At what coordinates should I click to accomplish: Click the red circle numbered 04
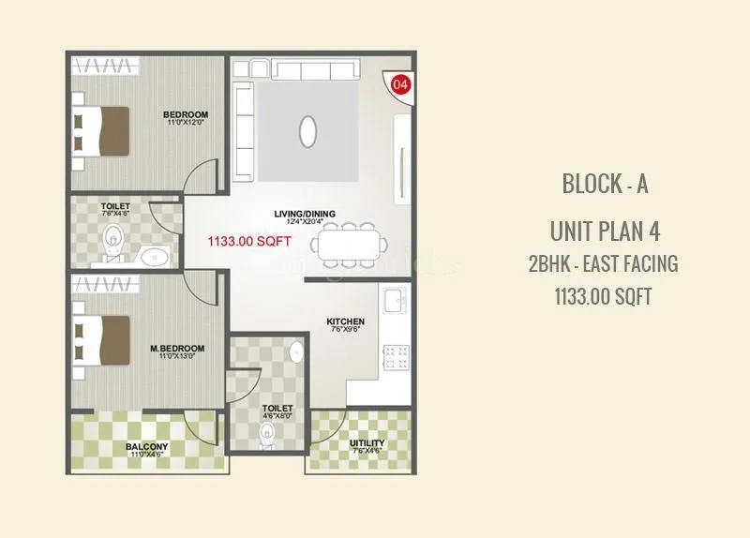pos(400,84)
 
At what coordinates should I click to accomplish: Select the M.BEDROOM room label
pos(177,349)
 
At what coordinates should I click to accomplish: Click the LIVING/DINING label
pos(305,214)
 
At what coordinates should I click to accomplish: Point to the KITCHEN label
pos(345,322)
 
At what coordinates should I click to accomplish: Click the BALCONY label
pos(147,446)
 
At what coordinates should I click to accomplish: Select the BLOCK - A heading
pos(605,183)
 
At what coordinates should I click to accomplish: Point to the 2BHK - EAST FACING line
pos(603,263)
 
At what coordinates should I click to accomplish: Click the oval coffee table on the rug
pos(308,131)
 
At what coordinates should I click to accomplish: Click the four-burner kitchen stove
pos(395,356)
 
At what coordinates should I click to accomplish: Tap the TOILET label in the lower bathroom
pos(277,409)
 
